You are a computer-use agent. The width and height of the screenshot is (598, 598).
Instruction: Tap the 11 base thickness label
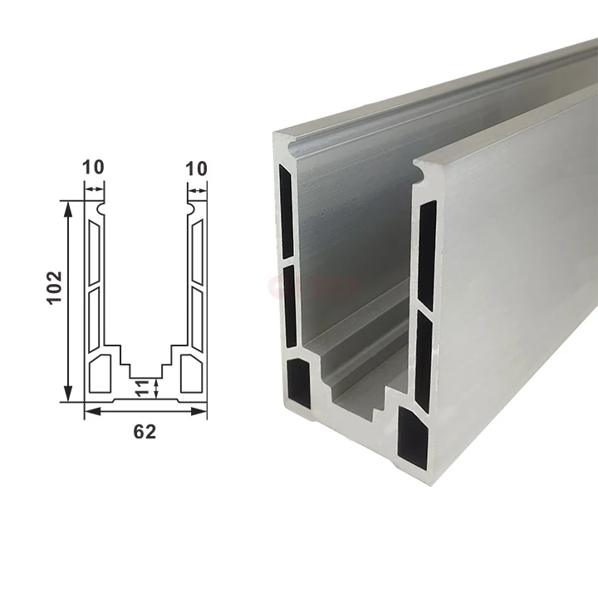click(x=142, y=387)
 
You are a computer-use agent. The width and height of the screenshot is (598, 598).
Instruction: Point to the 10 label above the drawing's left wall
click(x=94, y=168)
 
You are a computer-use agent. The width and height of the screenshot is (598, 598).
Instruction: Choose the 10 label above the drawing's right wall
click(x=196, y=168)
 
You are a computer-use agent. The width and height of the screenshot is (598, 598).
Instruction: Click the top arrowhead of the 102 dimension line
click(x=67, y=205)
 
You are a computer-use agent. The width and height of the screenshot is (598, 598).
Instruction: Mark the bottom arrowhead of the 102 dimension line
click(x=67, y=397)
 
